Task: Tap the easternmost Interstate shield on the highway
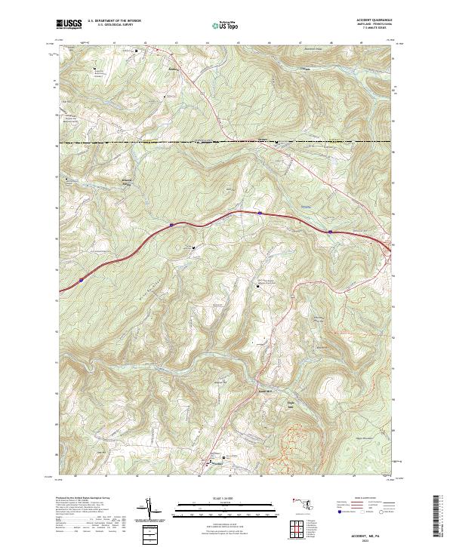330,231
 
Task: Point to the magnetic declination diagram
154,510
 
